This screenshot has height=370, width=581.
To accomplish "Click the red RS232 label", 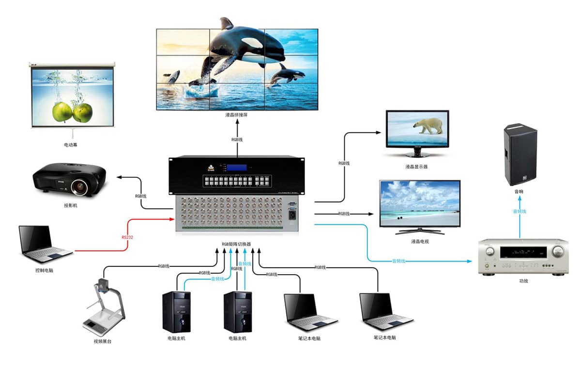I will tap(127, 238).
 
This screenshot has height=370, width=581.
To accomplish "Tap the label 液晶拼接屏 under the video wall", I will tap(237, 115).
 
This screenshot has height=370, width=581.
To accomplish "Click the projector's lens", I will tap(78, 185).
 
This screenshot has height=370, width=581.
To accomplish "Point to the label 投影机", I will tap(70, 205).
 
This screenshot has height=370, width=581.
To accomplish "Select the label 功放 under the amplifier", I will tap(523, 280).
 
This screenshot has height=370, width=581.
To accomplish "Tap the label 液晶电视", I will tap(420, 241).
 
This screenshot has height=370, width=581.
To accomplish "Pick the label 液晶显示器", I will tap(416, 166).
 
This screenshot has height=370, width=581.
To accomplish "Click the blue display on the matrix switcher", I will tap(238, 168).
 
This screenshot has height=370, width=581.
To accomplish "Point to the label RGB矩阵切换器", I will tap(237, 244).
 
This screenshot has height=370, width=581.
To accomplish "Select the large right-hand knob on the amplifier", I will tap(558, 251).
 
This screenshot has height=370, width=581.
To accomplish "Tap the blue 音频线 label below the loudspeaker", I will tap(520, 211).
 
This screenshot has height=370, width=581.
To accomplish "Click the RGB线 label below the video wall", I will tap(237, 139).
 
